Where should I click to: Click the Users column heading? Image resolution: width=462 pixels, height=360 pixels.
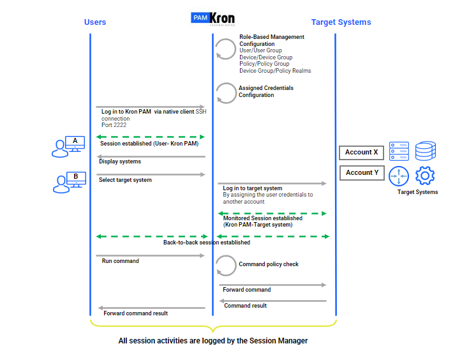[95, 22]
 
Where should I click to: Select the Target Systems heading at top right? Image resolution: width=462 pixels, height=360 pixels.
[341, 22]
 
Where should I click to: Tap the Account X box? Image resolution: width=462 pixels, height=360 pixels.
[361, 153]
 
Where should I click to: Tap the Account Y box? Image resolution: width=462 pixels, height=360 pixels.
[361, 173]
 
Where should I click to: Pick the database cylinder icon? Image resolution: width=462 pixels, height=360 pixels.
[426, 151]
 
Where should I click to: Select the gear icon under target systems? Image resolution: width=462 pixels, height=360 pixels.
[425, 175]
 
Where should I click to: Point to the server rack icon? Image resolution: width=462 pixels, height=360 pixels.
[399, 151]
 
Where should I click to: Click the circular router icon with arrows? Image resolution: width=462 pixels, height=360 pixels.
[399, 176]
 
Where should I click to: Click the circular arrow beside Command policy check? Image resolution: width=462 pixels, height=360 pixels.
[225, 265]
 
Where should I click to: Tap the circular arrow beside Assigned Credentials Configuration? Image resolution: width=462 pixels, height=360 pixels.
[225, 93]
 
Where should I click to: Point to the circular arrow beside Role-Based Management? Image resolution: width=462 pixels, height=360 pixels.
[225, 49]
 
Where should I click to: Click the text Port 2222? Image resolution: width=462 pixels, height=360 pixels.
[114, 125]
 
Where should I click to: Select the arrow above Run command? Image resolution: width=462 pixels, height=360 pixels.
[151, 255]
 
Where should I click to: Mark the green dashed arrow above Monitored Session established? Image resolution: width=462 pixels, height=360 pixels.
[272, 213]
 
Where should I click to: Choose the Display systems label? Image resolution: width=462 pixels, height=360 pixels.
[120, 161]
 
